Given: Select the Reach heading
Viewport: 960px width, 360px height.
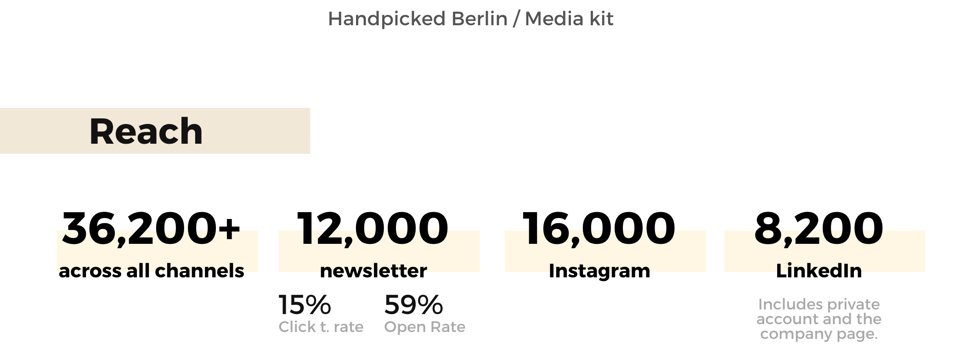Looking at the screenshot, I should [146, 131].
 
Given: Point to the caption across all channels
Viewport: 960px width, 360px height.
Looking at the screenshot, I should [151, 271].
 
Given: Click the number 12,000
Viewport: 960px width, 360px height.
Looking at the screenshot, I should [373, 228].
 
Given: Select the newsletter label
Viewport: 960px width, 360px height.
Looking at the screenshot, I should [373, 271].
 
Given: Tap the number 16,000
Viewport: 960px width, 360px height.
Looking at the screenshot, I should [599, 228].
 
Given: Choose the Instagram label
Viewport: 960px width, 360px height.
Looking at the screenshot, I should [599, 271].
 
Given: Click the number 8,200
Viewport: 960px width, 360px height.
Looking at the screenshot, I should [819, 228].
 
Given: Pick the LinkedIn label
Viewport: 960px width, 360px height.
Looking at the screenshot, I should [819, 271].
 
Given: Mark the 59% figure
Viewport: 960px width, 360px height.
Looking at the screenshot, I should [413, 305].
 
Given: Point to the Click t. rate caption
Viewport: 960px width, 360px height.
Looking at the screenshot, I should [321, 327].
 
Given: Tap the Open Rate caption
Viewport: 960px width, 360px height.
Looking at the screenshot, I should [424, 327].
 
